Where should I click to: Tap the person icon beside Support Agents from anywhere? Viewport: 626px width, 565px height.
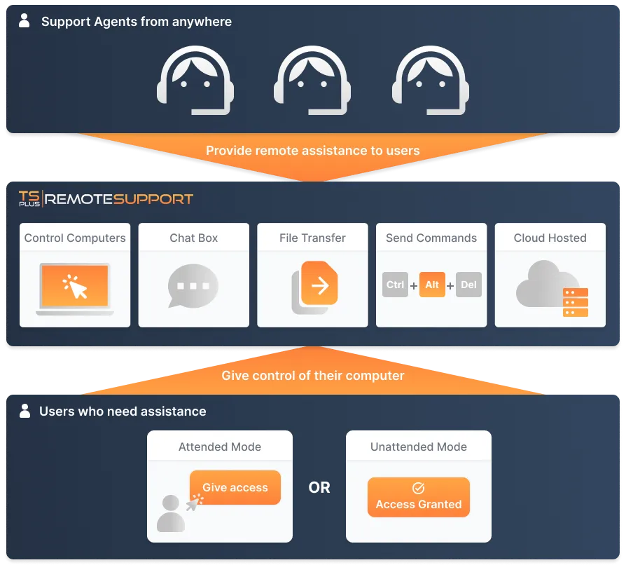point(25,21)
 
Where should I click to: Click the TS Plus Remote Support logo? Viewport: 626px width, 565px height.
point(106,198)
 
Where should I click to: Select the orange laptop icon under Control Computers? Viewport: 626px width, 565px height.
point(74,287)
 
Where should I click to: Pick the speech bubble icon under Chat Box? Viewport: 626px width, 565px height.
point(193,286)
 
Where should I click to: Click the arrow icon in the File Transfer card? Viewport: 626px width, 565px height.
point(319,285)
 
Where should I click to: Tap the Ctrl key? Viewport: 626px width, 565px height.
point(396,285)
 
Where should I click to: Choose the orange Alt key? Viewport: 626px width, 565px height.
point(432,285)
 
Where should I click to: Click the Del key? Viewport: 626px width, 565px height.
point(468,285)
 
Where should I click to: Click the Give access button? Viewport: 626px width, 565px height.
point(235,487)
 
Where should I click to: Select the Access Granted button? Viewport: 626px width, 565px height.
point(419,497)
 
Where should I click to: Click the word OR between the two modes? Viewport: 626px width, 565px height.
point(319,487)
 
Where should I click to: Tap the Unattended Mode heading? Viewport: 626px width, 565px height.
point(419,447)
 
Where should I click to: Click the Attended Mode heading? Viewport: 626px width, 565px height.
point(220,447)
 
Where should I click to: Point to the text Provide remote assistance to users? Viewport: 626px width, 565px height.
point(313,151)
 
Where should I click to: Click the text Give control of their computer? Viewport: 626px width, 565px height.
point(313,376)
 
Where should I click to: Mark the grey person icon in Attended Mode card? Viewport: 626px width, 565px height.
point(170,514)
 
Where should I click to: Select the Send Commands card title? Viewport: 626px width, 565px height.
point(431,238)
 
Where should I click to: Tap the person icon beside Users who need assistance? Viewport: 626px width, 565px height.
point(25,411)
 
